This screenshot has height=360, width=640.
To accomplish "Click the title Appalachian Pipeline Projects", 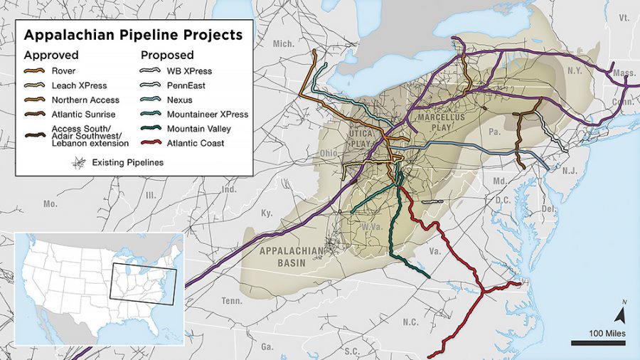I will (x=133, y=34).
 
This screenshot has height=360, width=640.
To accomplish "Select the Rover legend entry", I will (x=64, y=71).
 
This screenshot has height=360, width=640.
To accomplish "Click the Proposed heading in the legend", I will (x=167, y=54).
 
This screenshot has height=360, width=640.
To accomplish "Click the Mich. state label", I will (x=283, y=44).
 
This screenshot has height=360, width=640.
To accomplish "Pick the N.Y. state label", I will (x=575, y=70).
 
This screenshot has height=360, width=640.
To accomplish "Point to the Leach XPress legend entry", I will (x=79, y=86).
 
